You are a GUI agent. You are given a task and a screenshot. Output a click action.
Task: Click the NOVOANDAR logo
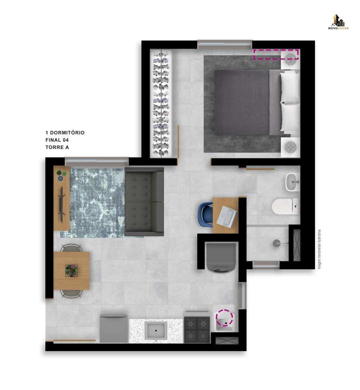pyautogui.click(x=338, y=22)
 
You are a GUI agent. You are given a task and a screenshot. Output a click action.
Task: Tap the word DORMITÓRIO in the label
pyautogui.click(x=67, y=133)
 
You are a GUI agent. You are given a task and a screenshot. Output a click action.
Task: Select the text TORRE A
pyautogui.click(x=57, y=147)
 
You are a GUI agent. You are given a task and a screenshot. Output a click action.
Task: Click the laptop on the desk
pyautogui.click(x=226, y=216)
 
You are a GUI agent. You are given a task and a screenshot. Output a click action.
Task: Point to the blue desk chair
pyautogui.click(x=205, y=214)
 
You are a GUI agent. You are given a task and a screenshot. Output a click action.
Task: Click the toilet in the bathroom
pyautogui.click(x=285, y=206)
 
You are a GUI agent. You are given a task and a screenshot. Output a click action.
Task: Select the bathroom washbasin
pyautogui.click(x=292, y=182)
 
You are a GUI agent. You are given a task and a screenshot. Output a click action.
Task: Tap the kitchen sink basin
pyautogui.click(x=156, y=331)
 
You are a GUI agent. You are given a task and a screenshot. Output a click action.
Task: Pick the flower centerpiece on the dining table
pyautogui.click(x=71, y=271)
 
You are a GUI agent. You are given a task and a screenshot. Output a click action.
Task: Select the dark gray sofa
pyautogui.click(x=144, y=201)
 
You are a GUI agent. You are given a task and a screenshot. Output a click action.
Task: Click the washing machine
pyautogui.click(x=221, y=258)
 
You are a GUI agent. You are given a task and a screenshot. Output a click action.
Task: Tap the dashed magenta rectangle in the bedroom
pyautogui.click(x=276, y=54)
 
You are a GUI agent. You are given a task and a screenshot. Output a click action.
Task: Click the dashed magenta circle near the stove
pyautogui.click(x=225, y=318)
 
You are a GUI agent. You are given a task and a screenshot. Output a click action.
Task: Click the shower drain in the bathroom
pyautogui.click(x=276, y=243)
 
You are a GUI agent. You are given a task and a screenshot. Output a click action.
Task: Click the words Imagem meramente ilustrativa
pyautogui.click(x=319, y=249)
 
